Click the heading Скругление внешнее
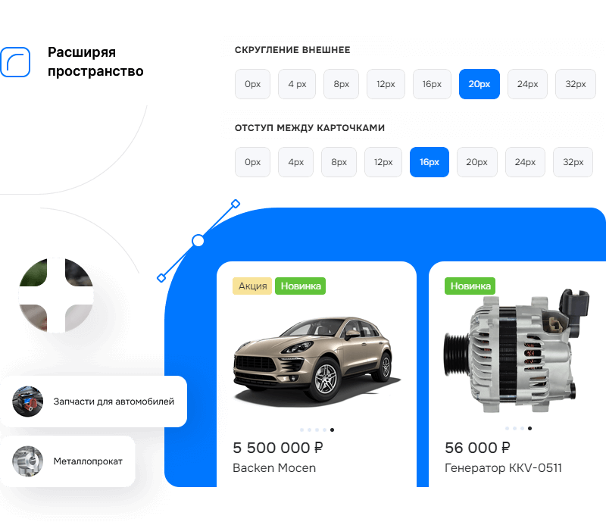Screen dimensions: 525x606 point(292,51)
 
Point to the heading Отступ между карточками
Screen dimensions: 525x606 point(310,128)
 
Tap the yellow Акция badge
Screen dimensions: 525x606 point(252,286)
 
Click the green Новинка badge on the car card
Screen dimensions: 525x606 point(300,286)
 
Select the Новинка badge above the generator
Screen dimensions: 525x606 point(470,286)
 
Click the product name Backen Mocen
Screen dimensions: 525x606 point(274,467)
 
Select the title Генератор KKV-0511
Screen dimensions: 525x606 point(503,467)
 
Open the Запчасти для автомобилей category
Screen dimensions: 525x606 point(114,402)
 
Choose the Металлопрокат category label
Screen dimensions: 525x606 point(88,461)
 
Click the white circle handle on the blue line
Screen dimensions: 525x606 point(198,241)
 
